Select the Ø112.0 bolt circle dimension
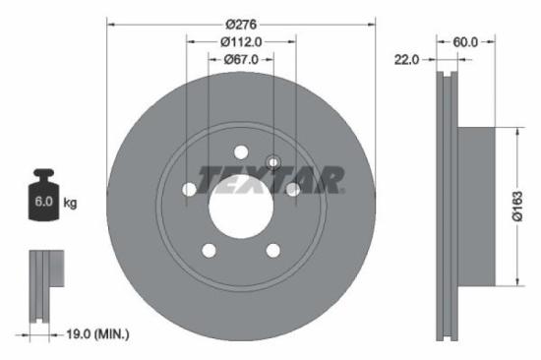(241, 41)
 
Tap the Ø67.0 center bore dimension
(241, 59)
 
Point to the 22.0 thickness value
(406, 60)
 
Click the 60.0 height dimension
(465, 41)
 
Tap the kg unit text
(71, 204)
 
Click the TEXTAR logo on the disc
(270, 179)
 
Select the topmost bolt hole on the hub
(240, 150)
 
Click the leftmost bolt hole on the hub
(189, 189)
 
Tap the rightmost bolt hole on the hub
(292, 189)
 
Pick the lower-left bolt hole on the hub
(209, 250)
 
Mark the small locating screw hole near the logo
(273, 162)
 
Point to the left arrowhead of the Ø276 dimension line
(109, 23)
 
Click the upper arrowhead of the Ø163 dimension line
(513, 132)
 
